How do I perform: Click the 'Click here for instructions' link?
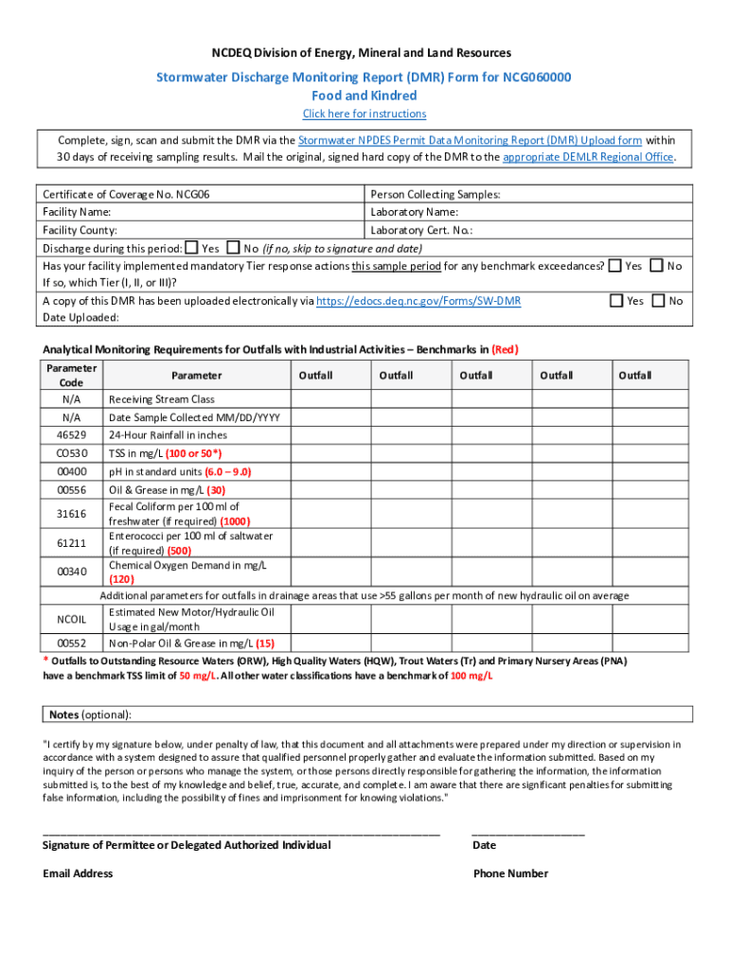click(364, 114)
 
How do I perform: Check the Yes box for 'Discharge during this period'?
click(192, 248)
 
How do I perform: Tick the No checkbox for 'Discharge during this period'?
click(234, 248)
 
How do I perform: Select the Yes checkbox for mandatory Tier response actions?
click(615, 266)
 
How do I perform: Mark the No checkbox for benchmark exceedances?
click(658, 266)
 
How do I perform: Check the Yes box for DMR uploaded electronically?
click(615, 300)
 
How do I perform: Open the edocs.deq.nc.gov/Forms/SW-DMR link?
click(418, 301)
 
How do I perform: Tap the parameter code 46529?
click(72, 435)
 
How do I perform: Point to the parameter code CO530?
click(72, 453)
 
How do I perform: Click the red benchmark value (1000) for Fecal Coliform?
click(235, 521)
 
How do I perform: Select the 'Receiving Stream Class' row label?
click(162, 399)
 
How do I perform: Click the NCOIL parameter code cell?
click(72, 619)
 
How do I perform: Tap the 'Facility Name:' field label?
click(77, 212)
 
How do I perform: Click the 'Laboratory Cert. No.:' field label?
click(421, 230)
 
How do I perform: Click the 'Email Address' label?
click(78, 873)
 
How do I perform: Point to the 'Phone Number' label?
click(510, 873)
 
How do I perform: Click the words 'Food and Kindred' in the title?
click(364, 96)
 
